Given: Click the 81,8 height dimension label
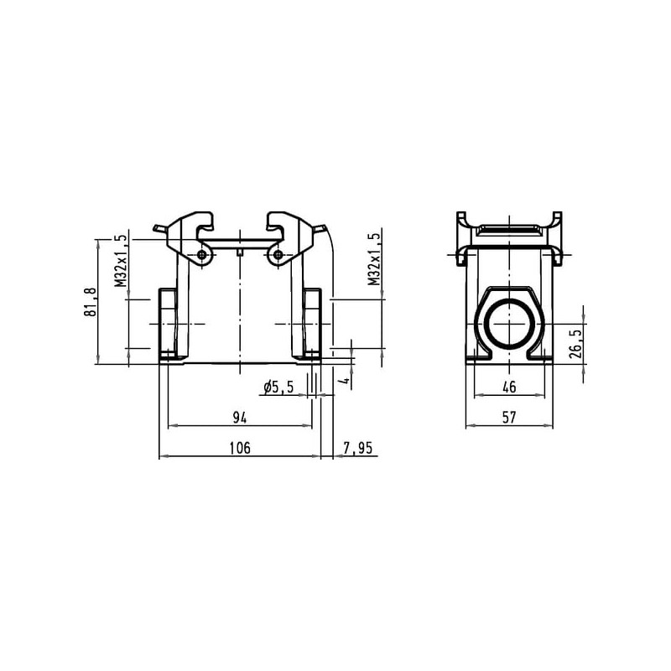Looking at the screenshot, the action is [91, 302].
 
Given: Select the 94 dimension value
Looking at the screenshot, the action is [240, 417].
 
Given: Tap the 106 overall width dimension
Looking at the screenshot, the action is [240, 448].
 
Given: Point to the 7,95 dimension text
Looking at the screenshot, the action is [358, 448].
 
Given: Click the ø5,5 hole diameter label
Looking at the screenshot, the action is [279, 388].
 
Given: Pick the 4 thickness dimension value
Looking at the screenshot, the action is [346, 380].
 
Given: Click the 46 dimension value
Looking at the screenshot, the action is [509, 388].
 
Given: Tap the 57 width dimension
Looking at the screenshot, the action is [509, 417].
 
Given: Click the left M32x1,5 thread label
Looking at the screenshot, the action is [121, 260].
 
